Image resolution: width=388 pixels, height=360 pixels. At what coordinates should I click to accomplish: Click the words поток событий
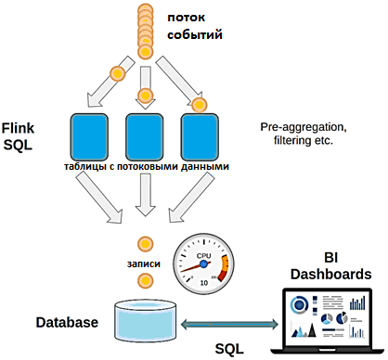pos(195,26)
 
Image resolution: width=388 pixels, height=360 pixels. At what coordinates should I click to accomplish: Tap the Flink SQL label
pos(18,136)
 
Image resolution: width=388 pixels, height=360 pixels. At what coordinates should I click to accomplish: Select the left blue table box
pos(89,137)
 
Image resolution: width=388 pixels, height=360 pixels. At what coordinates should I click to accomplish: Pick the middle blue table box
pos(145,137)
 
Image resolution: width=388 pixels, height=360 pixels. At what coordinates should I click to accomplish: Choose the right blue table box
pos(200,137)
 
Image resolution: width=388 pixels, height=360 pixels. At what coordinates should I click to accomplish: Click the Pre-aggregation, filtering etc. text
pos(304,134)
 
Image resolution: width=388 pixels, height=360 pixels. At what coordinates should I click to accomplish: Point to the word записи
pos(144,264)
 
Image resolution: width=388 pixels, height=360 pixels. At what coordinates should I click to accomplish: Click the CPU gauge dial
pos(203,264)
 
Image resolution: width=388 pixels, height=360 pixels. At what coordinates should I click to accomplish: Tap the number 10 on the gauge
pos(204,283)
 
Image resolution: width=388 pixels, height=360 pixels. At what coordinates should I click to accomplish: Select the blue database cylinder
pos(146,320)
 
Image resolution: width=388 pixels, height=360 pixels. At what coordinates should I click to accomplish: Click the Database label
pos(67,322)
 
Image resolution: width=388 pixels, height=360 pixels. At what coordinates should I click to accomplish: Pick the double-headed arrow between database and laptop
pos(229,324)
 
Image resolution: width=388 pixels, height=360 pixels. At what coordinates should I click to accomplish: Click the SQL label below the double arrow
pos(229,349)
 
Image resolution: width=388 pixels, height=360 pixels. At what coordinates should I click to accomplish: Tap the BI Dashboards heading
pos(331,266)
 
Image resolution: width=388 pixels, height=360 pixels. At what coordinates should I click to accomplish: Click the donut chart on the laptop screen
pos(299,305)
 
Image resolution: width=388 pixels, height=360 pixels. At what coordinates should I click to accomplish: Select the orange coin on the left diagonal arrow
pos(118,73)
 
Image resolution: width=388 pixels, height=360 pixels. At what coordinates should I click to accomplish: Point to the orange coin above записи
pos(145,244)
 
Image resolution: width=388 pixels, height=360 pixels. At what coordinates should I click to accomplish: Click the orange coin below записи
pos(145,281)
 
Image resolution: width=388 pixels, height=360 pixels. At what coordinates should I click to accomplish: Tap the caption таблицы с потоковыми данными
pos(147,166)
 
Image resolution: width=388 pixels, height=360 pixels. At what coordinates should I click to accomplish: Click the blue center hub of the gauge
pos(203,264)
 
